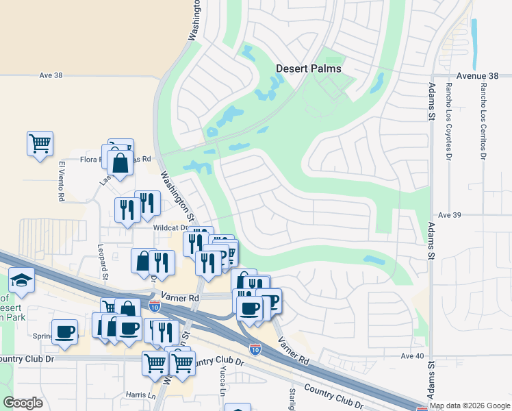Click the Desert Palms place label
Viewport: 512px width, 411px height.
[x=308, y=68]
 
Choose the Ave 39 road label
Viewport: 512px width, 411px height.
[x=450, y=215]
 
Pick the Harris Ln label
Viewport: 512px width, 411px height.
[x=140, y=395]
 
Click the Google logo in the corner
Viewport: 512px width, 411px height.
[x=23, y=403]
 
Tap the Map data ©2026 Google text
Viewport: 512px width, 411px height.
[x=470, y=406]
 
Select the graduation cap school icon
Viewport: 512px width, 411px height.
[x=22, y=280]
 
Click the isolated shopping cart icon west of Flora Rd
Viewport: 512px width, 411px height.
[x=40, y=144]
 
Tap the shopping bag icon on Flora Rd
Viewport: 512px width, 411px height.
[x=120, y=163]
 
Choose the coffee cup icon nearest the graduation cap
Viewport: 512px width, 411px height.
[x=65, y=332]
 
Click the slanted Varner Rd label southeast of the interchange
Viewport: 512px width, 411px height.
[x=294, y=350]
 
